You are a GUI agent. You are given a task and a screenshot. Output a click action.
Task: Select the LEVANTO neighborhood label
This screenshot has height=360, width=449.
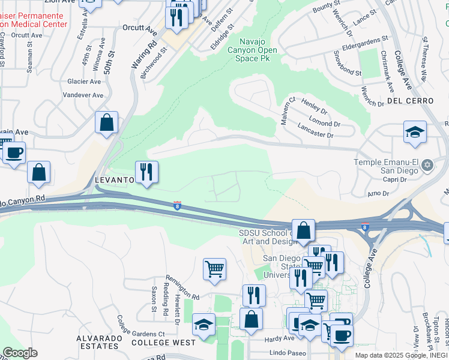(x=114, y=180)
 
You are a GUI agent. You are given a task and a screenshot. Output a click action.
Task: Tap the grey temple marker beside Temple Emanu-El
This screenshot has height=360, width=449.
(x=427, y=164)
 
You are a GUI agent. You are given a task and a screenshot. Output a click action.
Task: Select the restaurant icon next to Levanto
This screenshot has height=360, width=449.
(x=146, y=172)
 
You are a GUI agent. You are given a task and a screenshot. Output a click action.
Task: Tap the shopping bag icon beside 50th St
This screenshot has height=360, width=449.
(x=106, y=122)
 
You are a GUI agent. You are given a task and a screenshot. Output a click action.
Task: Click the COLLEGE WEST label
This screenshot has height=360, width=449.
(x=163, y=343)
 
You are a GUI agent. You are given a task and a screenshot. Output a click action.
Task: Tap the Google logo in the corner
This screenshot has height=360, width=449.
(x=20, y=353)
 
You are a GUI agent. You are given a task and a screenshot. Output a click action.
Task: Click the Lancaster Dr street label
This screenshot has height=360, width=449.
(x=315, y=131)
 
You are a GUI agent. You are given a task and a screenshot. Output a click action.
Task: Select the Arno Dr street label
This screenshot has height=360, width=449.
(x=378, y=193)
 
